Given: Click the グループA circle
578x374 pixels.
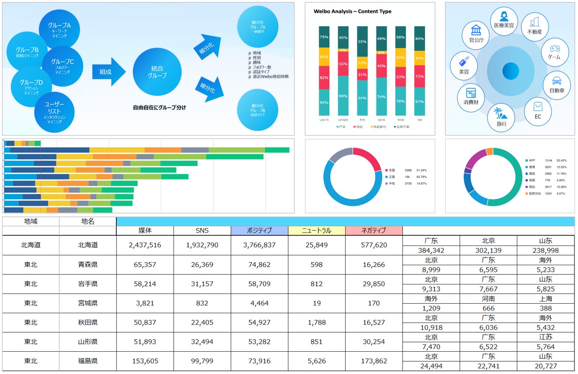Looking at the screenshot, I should pyautogui.click(x=59, y=29).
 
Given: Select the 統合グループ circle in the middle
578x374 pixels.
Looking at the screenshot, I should pyautogui.click(x=157, y=72).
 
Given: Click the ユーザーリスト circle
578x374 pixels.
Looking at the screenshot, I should pyautogui.click(x=55, y=112).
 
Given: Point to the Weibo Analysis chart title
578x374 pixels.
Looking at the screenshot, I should pyautogui.click(x=353, y=11).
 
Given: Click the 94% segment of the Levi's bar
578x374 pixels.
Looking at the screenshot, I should pyautogui.click(x=324, y=102).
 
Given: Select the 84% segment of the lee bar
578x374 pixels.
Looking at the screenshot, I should pyautogui.click(x=419, y=38).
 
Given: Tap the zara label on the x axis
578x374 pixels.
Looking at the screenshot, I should pyautogui.click(x=381, y=119).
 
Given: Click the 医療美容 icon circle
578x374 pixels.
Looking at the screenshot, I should pyautogui.click(x=504, y=20).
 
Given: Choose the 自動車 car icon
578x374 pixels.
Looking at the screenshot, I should pyautogui.click(x=557, y=81).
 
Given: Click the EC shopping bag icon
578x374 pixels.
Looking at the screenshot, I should pyautogui.click(x=538, y=107).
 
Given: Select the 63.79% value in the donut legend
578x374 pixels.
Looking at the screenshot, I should pyautogui.click(x=422, y=177).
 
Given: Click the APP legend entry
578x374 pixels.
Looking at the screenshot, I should pyautogui.click(x=532, y=160).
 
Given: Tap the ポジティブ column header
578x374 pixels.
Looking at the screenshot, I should pyautogui.click(x=260, y=231).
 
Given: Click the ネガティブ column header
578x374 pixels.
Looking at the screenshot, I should pyautogui.click(x=374, y=231).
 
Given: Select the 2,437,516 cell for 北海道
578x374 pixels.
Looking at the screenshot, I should pyautogui.click(x=145, y=245).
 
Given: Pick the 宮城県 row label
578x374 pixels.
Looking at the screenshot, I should pyautogui.click(x=88, y=303).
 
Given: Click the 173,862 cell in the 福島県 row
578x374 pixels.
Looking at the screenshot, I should pyautogui.click(x=374, y=361).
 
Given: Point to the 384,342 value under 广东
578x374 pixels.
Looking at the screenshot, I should pyautogui.click(x=431, y=251).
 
